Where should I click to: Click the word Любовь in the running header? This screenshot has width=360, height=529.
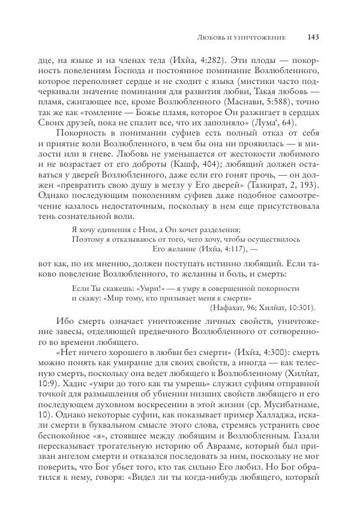211,38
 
